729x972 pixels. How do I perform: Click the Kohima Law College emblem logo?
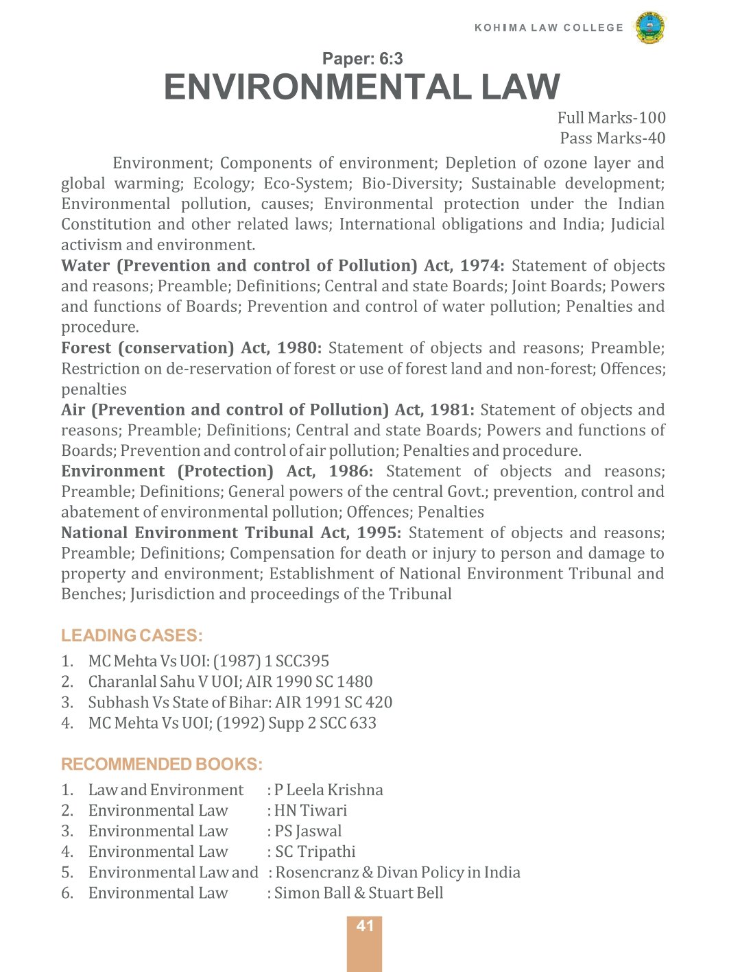tap(649, 27)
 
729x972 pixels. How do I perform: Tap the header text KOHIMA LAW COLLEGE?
tap(549, 27)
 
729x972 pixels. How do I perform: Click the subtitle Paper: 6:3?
tap(362, 59)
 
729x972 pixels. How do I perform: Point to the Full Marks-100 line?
tap(611, 118)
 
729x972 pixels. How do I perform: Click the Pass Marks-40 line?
tap(612, 138)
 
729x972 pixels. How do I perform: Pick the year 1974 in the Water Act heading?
tap(479, 266)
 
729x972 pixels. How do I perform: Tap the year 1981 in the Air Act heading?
tap(450, 410)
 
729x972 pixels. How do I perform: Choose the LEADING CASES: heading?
tap(132, 635)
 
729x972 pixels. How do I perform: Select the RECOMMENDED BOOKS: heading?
tap(162, 764)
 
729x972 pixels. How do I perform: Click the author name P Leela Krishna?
tap(328, 790)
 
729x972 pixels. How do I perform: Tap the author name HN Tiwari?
tap(311, 811)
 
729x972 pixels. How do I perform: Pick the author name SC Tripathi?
tap(315, 852)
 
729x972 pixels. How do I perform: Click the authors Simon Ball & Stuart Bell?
tap(359, 893)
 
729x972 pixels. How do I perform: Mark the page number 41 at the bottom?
tap(365, 926)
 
